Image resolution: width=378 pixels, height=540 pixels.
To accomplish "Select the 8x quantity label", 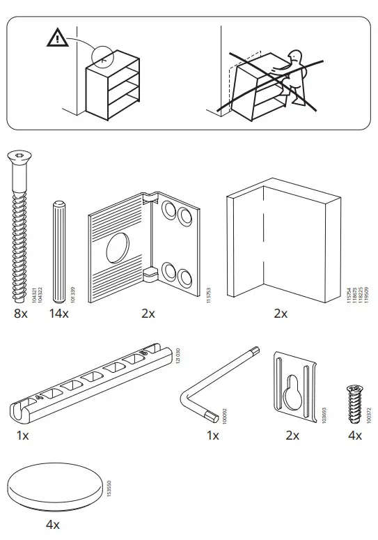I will pyautogui.click(x=20, y=314).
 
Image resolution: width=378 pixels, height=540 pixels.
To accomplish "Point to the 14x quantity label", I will pyautogui.click(x=59, y=314).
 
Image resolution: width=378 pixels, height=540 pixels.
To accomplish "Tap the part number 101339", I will pyautogui.click(x=72, y=293).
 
